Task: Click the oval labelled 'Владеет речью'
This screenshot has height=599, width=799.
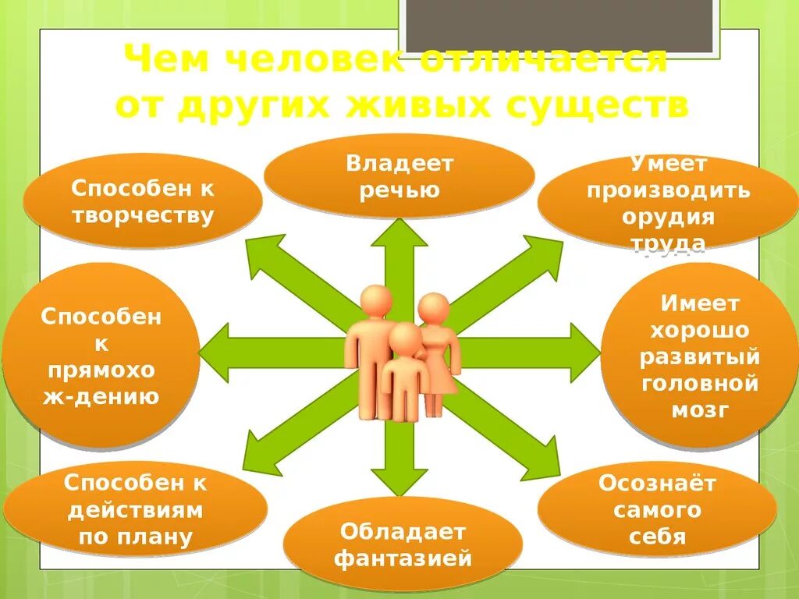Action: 399,177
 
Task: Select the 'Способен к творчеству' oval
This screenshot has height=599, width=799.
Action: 142,200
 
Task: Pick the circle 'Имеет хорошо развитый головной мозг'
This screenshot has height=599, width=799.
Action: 699,356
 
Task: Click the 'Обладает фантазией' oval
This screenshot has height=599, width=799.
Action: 403,544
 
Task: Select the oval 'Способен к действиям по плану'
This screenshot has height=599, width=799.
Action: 135,509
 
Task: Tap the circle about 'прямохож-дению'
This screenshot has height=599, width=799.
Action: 101,355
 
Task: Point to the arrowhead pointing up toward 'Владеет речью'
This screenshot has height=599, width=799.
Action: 399,234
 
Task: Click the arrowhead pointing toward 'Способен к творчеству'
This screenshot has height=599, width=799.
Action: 262,254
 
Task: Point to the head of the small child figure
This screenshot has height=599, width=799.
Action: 405,338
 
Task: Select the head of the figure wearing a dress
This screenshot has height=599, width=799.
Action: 434,308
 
